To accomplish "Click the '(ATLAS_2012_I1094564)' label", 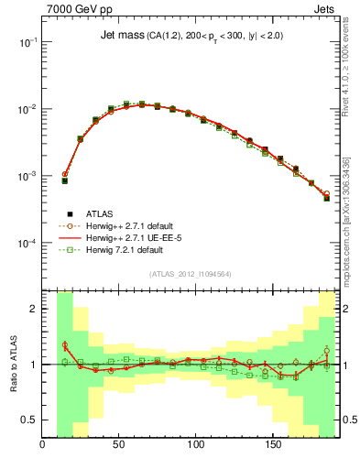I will pyautogui.click(x=190, y=274).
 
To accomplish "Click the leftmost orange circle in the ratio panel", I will pyautogui.click(x=65, y=344).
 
